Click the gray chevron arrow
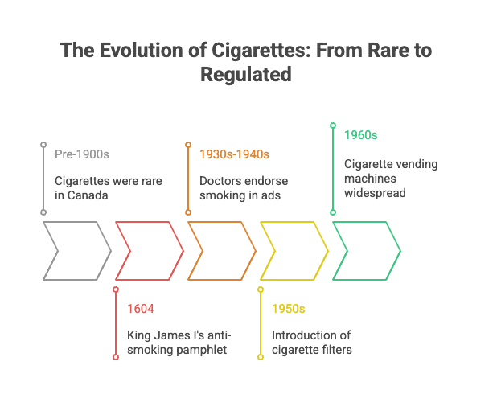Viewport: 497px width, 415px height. click(x=77, y=250)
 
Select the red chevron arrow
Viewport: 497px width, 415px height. click(x=150, y=250)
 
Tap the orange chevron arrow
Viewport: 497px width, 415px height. click(x=222, y=250)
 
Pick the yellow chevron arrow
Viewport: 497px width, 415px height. click(x=294, y=250)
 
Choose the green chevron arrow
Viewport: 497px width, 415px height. click(x=367, y=250)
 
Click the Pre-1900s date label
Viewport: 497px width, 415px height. click(x=81, y=154)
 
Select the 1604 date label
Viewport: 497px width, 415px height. click(x=141, y=308)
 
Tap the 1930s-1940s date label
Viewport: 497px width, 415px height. click(x=234, y=154)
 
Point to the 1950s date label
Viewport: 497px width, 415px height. click(x=289, y=308)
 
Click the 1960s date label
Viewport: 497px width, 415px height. click(x=361, y=134)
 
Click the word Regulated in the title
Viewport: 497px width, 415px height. click(x=247, y=75)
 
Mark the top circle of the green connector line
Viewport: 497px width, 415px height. click(x=333, y=125)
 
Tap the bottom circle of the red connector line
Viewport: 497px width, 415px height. click(x=116, y=357)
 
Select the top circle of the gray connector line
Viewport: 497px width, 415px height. click(x=43, y=145)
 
